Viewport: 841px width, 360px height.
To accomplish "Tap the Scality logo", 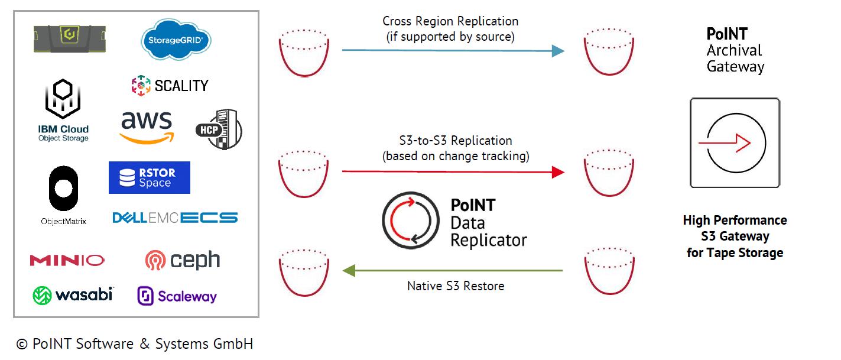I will tap(170, 85).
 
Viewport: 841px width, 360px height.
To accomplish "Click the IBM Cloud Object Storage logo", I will tap(63, 112).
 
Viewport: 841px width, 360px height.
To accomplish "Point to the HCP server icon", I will tap(219, 129).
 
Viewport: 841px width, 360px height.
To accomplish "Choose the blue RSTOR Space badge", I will tap(149, 177).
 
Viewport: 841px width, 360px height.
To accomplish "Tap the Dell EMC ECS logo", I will tap(175, 218).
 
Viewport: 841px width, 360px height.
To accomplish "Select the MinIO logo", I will tap(67, 260).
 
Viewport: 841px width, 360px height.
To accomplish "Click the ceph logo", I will tap(183, 260).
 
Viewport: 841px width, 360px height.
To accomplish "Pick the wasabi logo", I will tap(73, 295).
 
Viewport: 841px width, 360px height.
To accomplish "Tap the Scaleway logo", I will tap(177, 296).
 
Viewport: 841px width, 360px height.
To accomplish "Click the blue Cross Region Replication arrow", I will tap(453, 51).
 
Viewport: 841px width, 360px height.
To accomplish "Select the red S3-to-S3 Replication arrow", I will tap(453, 172).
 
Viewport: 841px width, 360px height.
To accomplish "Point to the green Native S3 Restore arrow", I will tap(453, 271).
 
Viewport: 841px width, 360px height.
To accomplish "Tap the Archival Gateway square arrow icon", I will tap(735, 143).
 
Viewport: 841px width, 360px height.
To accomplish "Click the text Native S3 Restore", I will tap(456, 286).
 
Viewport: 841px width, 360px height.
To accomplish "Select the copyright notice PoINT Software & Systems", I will tap(135, 344).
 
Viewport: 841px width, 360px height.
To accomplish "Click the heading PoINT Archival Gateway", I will tap(735, 50).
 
